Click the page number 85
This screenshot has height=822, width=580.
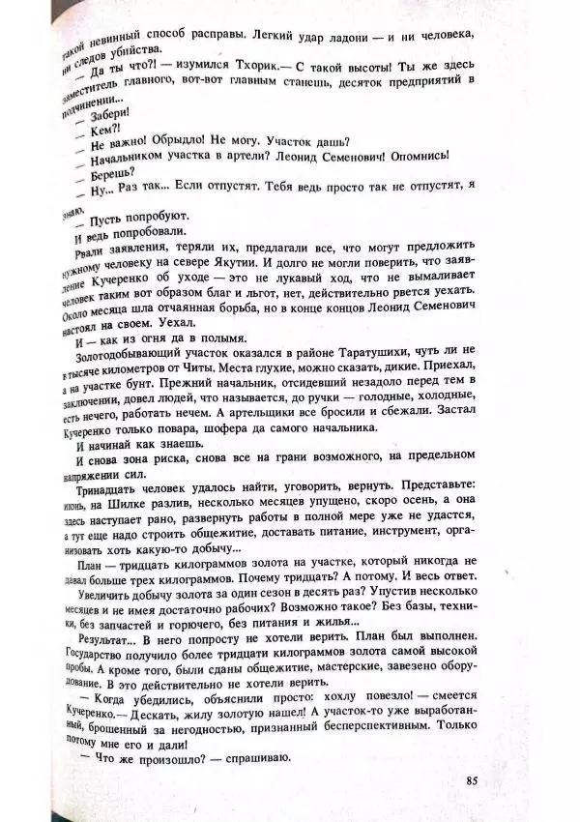pyautogui.click(x=472, y=781)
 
